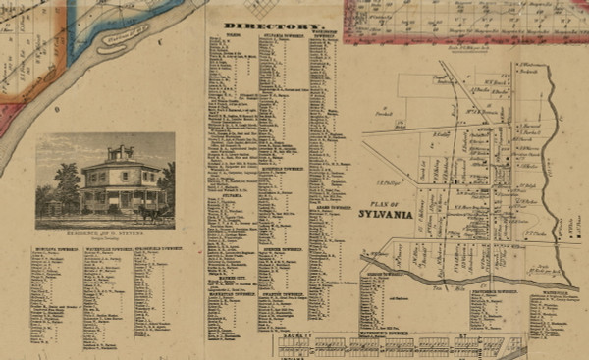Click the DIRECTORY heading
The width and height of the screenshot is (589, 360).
260,25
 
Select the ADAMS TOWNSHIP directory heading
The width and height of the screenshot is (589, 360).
328,207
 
